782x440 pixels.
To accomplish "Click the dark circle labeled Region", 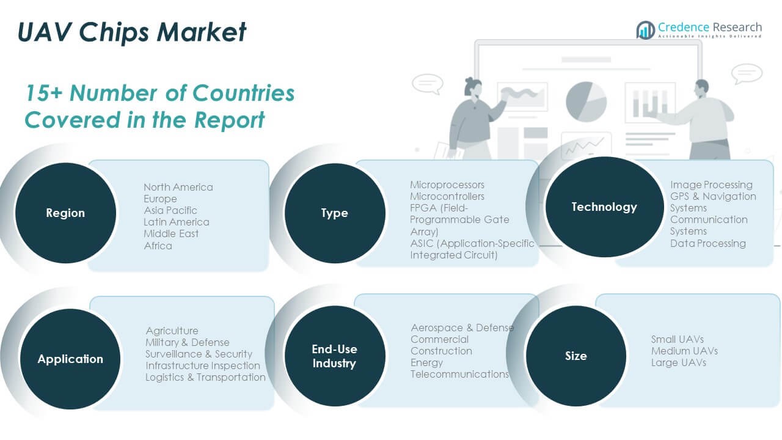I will click(65, 213).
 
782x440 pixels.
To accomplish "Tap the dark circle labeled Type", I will click(335, 213).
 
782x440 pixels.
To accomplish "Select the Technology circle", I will click(604, 207).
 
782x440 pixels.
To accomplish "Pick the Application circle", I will click(70, 359).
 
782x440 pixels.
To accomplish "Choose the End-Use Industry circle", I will click(335, 356).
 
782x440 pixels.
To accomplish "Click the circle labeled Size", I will click(576, 356).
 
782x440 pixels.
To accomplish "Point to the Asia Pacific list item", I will click(170, 210).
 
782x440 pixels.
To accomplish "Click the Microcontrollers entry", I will click(447, 196).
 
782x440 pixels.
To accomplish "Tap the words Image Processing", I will click(711, 185).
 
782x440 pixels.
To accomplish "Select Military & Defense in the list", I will click(188, 342).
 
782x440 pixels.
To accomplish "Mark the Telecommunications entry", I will click(459, 374).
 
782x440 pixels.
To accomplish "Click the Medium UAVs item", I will click(684, 351).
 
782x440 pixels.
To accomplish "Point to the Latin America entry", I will click(177, 222).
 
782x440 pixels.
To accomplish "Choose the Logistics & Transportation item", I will click(205, 377).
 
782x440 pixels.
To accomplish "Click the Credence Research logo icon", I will click(645, 29).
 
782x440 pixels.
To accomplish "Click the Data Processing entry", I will click(707, 243).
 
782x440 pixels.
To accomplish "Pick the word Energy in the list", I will click(427, 362).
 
